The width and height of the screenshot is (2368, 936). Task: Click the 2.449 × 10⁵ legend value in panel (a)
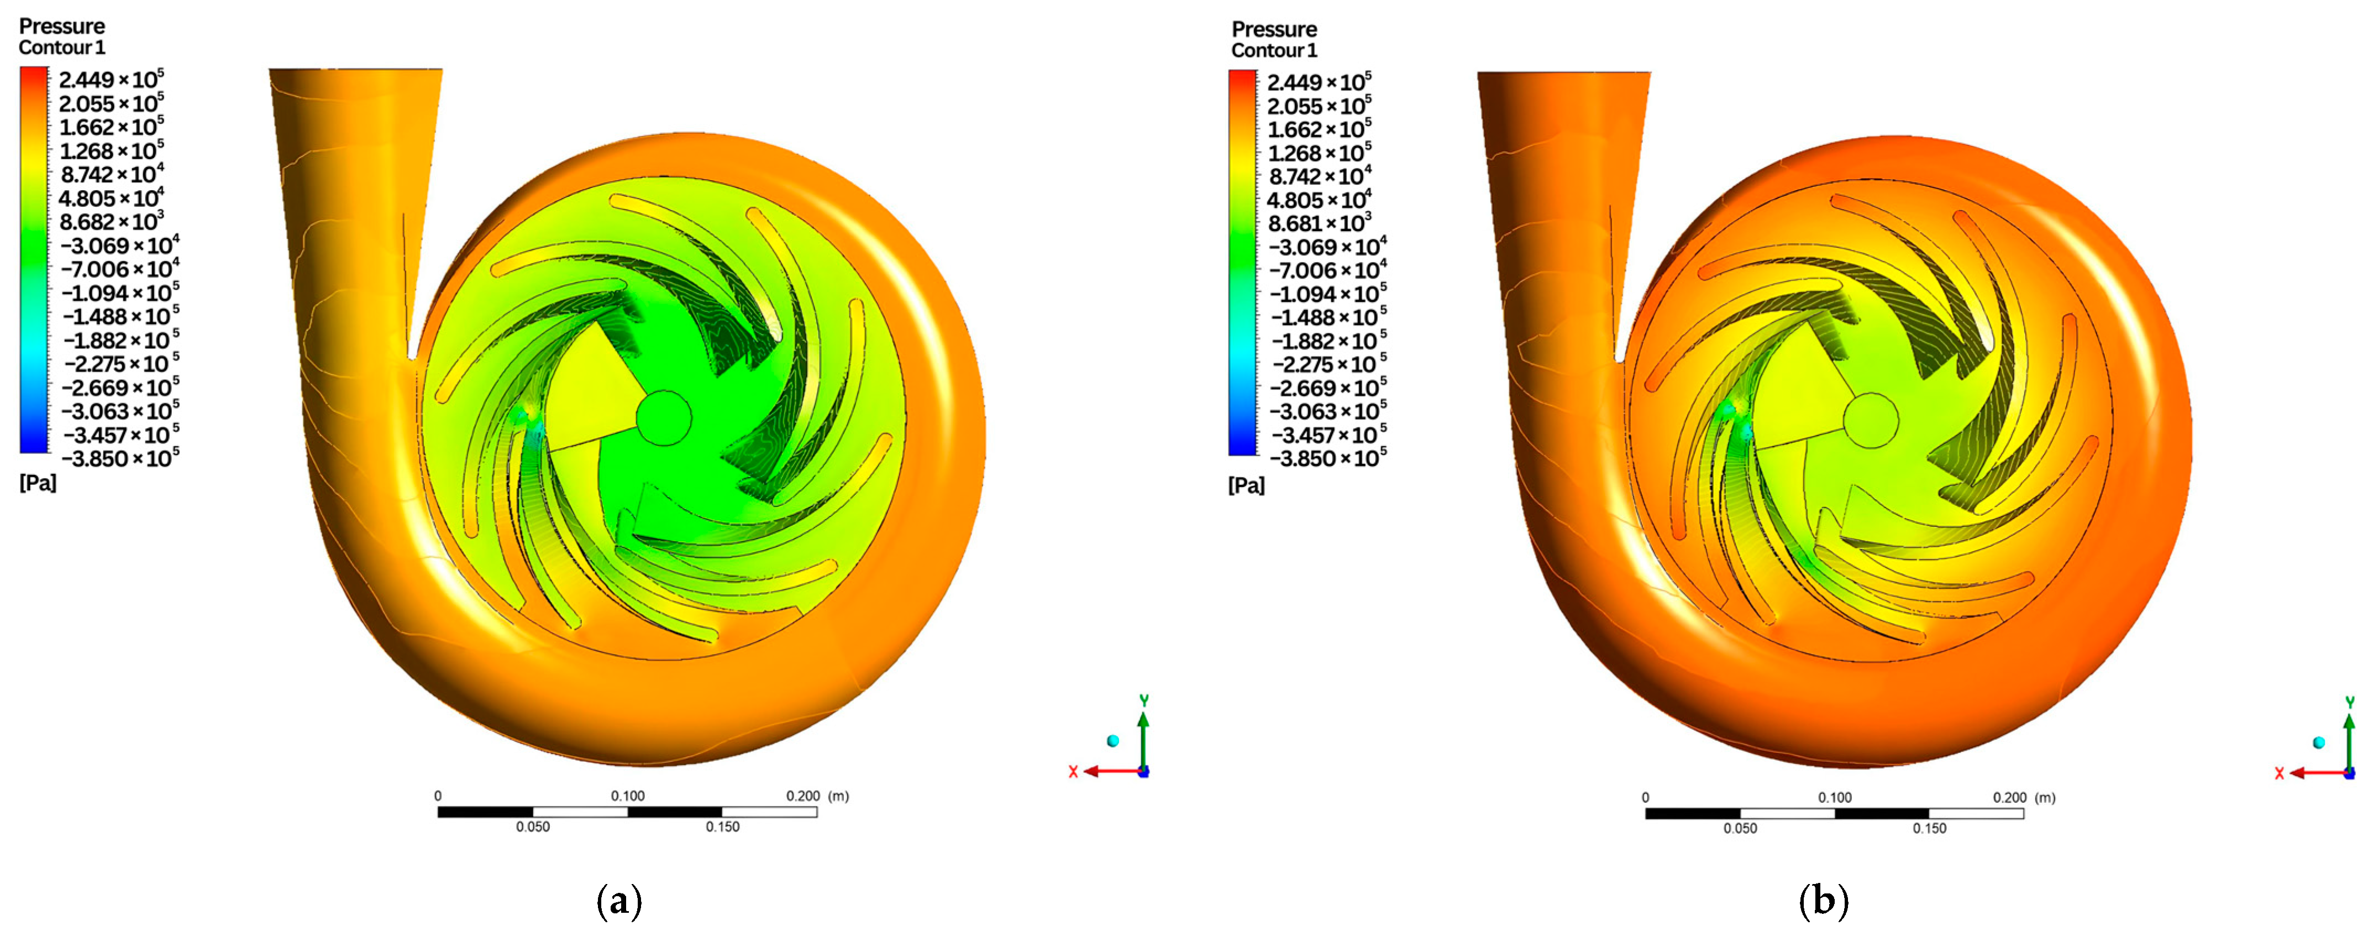coord(111,79)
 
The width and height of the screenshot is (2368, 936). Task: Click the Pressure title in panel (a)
coord(61,26)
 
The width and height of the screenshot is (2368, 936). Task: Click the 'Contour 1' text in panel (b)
coord(1274,50)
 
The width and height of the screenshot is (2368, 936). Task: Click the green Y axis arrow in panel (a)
coord(1143,735)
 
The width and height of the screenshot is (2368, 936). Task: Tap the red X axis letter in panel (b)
coord(2279,773)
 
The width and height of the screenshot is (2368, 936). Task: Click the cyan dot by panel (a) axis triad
coord(1113,740)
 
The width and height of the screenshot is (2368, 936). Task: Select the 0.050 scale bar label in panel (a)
coord(532,827)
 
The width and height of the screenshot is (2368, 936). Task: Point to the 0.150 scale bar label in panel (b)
coord(1930,828)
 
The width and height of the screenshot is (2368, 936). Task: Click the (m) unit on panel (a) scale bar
coord(838,796)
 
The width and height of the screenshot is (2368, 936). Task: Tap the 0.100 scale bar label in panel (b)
coord(1835,797)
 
